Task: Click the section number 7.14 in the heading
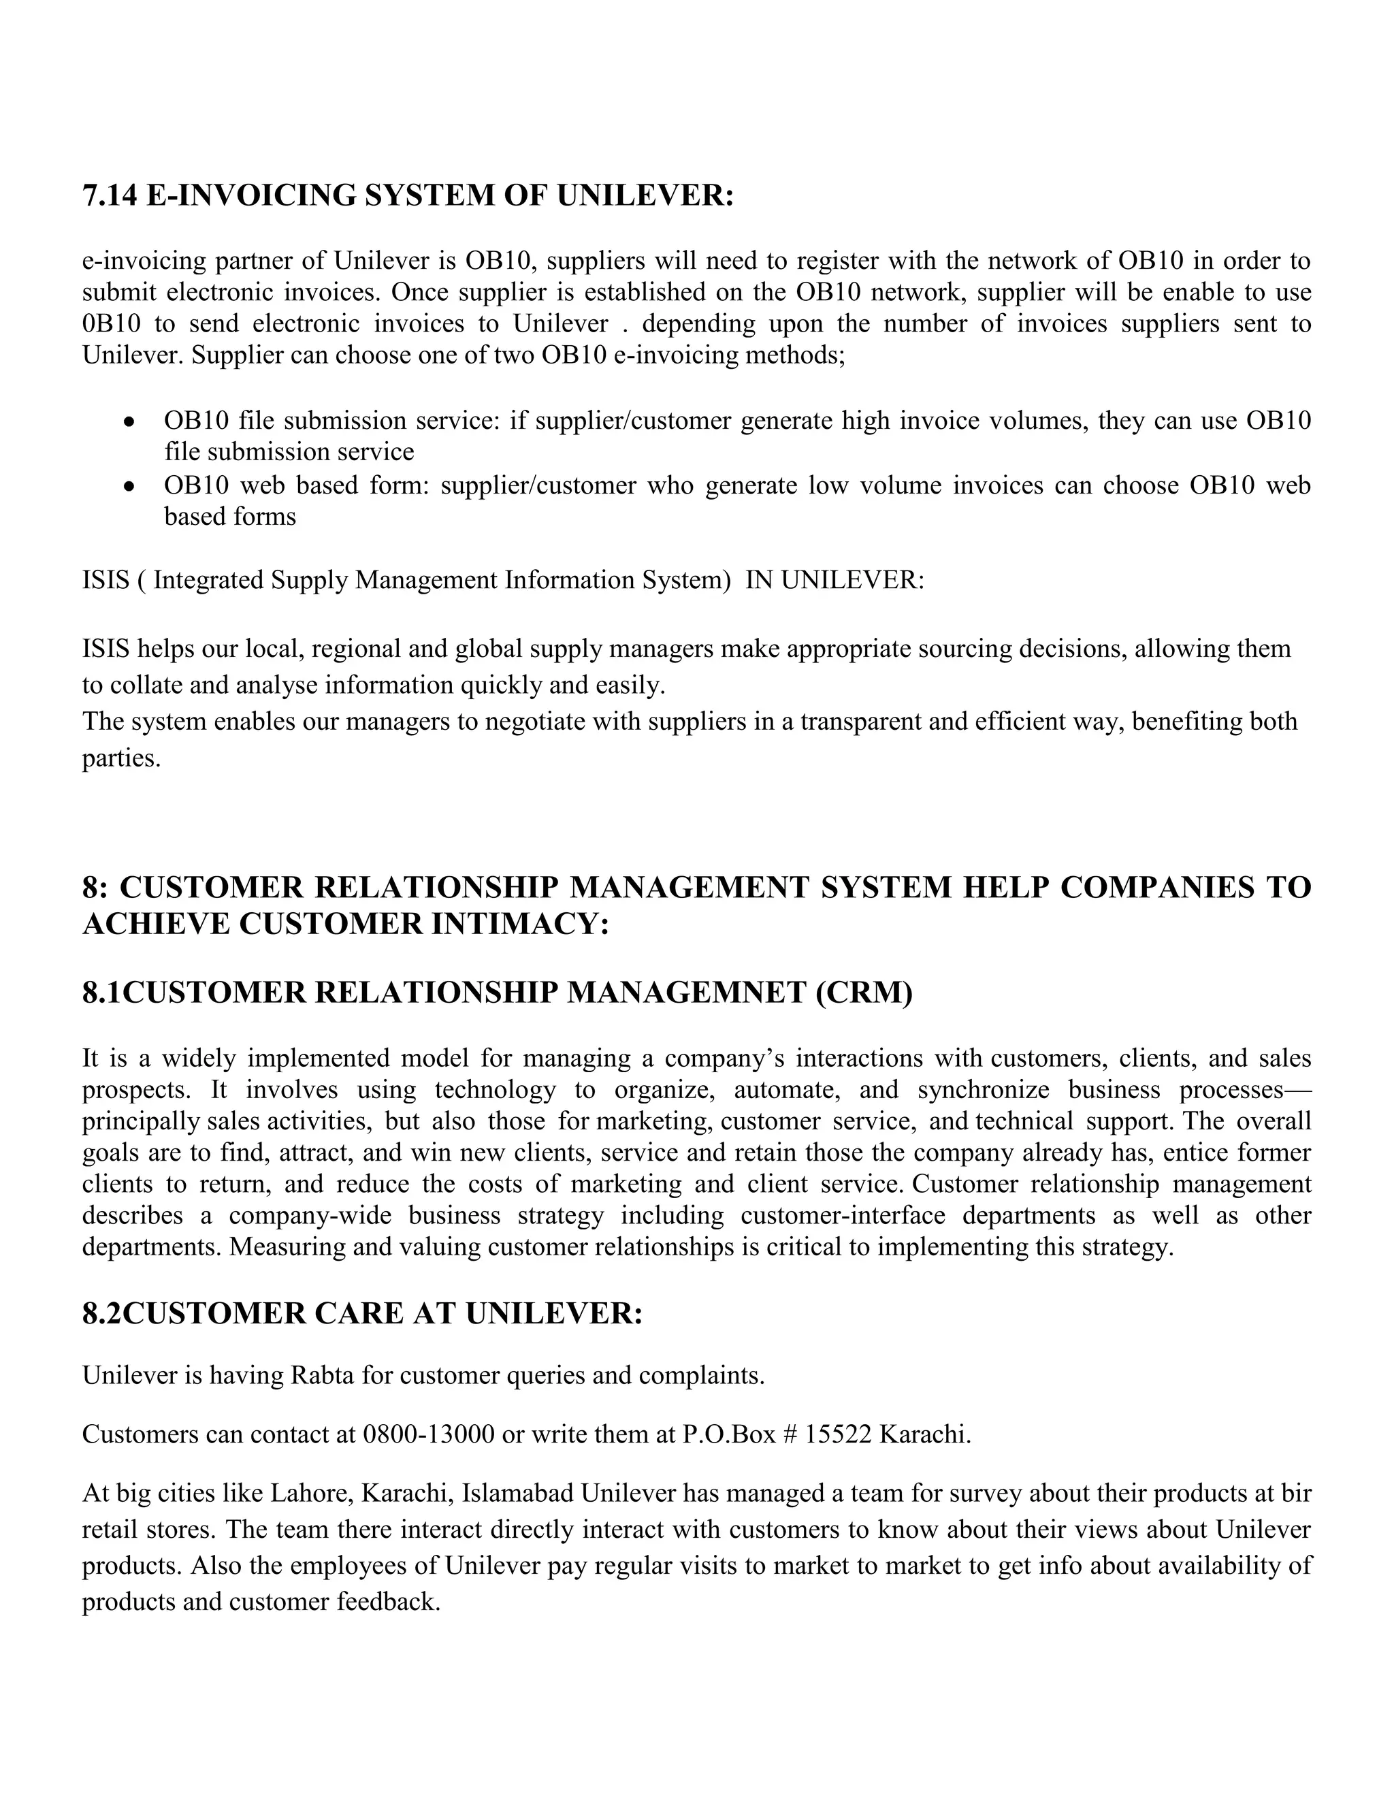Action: click(x=109, y=197)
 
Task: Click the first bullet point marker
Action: click(x=128, y=422)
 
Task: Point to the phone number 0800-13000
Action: click(x=427, y=1434)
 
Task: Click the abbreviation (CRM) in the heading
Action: click(x=864, y=992)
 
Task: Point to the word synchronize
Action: click(x=983, y=1091)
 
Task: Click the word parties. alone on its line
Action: click(x=120, y=758)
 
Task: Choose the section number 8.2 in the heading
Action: click(x=101, y=1313)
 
